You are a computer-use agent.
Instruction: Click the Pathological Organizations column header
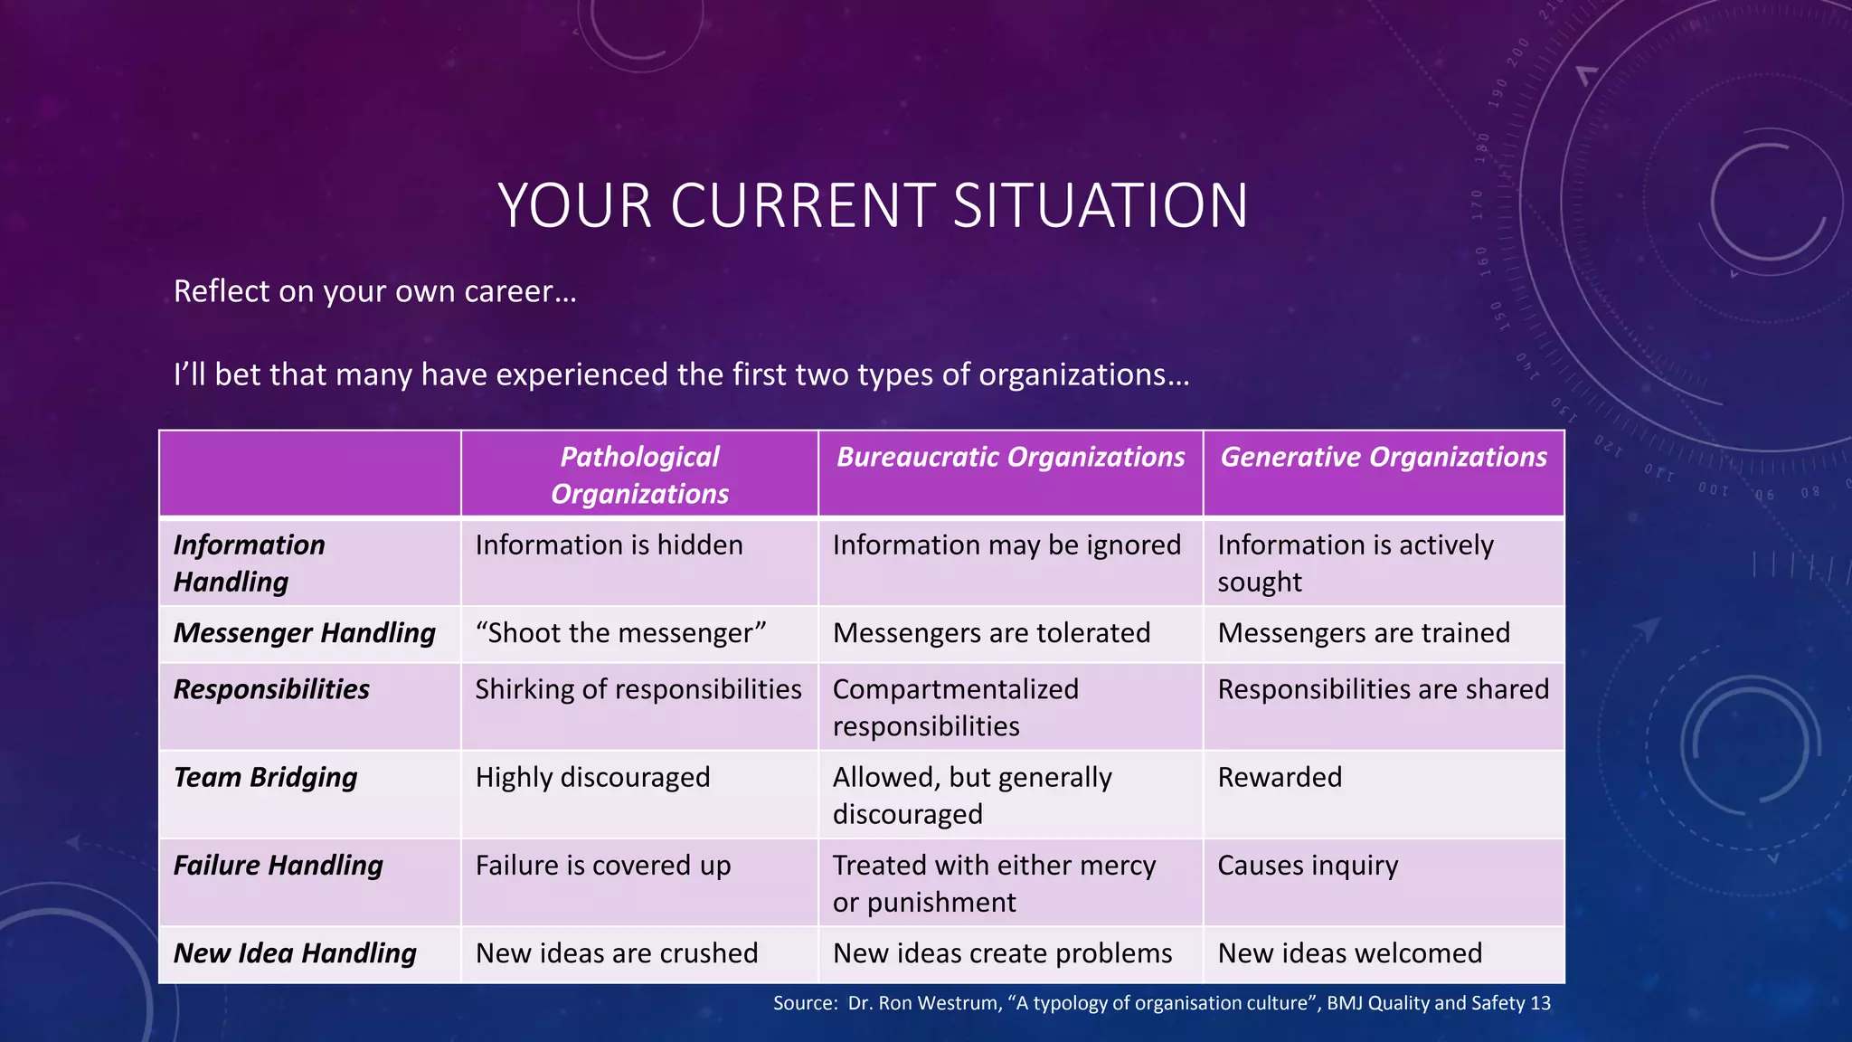coord(639,475)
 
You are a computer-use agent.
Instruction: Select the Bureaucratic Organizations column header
coord(1010,457)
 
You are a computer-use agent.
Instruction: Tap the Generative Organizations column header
coord(1383,457)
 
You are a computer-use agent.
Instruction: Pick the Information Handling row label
coord(249,563)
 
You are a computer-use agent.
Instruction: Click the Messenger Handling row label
coord(304,633)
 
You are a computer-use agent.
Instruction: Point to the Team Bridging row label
coord(265,777)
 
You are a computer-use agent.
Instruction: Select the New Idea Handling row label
coord(295,953)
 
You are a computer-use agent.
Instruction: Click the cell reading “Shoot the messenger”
coord(620,633)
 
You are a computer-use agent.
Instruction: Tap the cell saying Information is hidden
coord(609,545)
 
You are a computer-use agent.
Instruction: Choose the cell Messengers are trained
coord(1363,633)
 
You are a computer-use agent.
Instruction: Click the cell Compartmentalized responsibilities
coord(955,707)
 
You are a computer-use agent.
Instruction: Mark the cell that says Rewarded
coord(1279,777)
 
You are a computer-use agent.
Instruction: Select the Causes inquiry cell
coord(1307,866)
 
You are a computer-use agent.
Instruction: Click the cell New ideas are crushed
coord(616,953)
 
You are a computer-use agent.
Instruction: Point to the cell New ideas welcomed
coord(1349,953)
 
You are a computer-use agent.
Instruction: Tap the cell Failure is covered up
coord(602,866)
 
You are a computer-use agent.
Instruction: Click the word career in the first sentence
coord(509,292)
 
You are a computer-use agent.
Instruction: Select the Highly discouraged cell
coord(592,777)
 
